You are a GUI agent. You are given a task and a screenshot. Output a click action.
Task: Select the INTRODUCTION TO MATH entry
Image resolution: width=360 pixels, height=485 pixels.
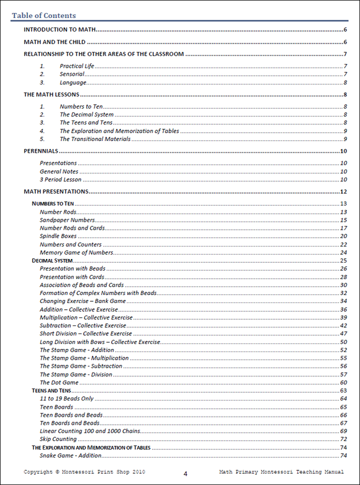click(59, 30)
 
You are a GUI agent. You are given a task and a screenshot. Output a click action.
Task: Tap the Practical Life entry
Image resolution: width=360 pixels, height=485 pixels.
click(76, 66)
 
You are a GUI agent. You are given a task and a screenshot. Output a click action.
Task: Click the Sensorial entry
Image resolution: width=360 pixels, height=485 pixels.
click(72, 74)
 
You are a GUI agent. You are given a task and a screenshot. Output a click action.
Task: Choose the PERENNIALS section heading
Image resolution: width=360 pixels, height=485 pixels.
click(41, 151)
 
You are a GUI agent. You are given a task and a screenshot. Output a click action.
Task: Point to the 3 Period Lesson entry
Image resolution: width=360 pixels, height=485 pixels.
click(60, 179)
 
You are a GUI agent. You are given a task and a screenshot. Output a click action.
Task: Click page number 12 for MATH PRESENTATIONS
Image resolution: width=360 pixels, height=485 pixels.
click(343, 192)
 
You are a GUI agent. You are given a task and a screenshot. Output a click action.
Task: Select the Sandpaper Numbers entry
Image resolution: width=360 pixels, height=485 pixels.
click(68, 220)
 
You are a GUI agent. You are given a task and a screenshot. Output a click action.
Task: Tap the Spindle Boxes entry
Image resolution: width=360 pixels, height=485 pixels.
click(58, 236)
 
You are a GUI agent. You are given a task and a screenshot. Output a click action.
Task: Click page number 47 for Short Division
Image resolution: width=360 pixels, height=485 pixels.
click(343, 333)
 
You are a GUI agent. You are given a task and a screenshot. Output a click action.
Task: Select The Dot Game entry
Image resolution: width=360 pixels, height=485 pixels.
click(59, 383)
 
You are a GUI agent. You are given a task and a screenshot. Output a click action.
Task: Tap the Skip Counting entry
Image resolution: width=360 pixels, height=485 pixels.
click(58, 439)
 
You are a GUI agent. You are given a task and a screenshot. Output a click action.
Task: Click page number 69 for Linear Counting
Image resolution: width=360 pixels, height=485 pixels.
click(343, 431)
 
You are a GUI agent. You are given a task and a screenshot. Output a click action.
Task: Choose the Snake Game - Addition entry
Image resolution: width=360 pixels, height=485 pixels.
click(71, 456)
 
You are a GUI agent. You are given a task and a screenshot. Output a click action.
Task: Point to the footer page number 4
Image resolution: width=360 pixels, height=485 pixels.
click(185, 474)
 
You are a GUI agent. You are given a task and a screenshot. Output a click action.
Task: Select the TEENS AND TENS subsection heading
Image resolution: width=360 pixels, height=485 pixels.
click(52, 390)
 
